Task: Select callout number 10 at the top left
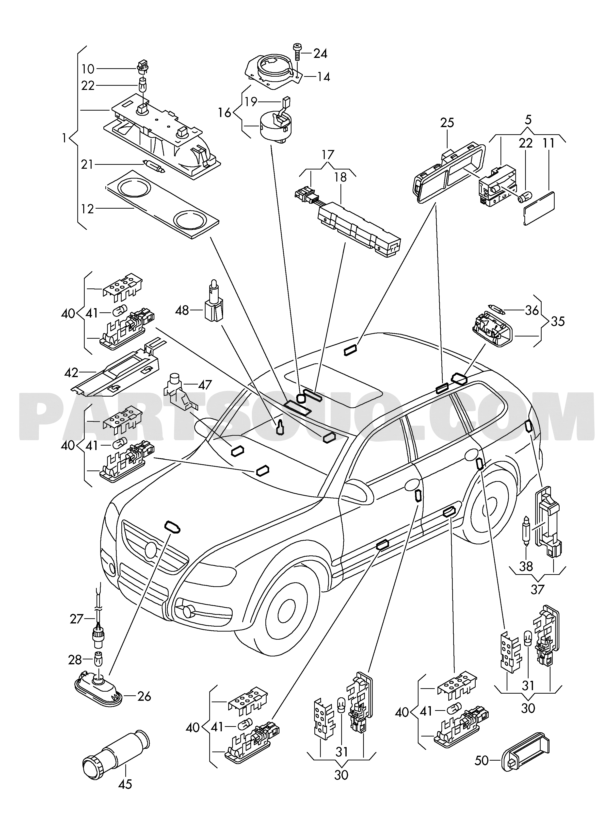(88, 69)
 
